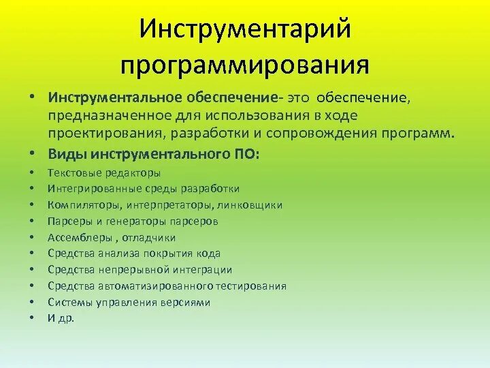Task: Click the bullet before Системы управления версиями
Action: (32, 302)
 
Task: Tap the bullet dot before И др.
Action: (32, 318)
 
